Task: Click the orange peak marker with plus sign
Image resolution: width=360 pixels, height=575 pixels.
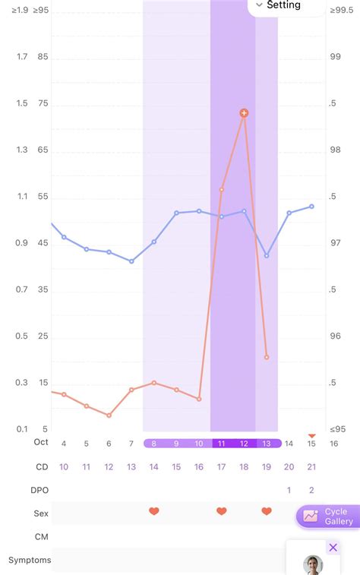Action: click(x=244, y=113)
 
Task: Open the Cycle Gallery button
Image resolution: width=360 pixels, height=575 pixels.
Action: click(x=328, y=517)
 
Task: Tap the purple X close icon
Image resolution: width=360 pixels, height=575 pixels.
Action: click(x=333, y=548)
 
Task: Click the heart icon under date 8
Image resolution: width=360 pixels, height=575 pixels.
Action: click(x=153, y=511)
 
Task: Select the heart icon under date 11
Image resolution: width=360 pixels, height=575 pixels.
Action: click(x=221, y=511)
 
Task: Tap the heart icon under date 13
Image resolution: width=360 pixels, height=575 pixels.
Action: click(x=267, y=511)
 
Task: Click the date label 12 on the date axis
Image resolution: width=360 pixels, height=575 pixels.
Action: click(x=244, y=444)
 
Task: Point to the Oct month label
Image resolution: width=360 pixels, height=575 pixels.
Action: click(x=41, y=442)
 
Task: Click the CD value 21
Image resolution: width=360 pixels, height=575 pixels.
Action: click(x=311, y=466)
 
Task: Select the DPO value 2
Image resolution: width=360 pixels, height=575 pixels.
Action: click(x=311, y=490)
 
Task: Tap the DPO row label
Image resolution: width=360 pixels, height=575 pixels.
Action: click(x=39, y=490)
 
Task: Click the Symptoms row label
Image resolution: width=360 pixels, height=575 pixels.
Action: click(x=30, y=560)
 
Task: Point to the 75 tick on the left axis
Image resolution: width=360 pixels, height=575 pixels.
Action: click(x=43, y=103)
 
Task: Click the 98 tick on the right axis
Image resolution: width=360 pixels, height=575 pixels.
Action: click(x=336, y=150)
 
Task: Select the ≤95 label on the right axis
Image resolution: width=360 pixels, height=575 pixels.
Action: click(x=338, y=429)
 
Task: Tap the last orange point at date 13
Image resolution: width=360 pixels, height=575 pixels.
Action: click(x=267, y=357)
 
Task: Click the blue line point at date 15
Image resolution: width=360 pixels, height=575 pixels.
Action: click(x=311, y=207)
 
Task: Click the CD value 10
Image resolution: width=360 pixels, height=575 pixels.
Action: click(x=64, y=466)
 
